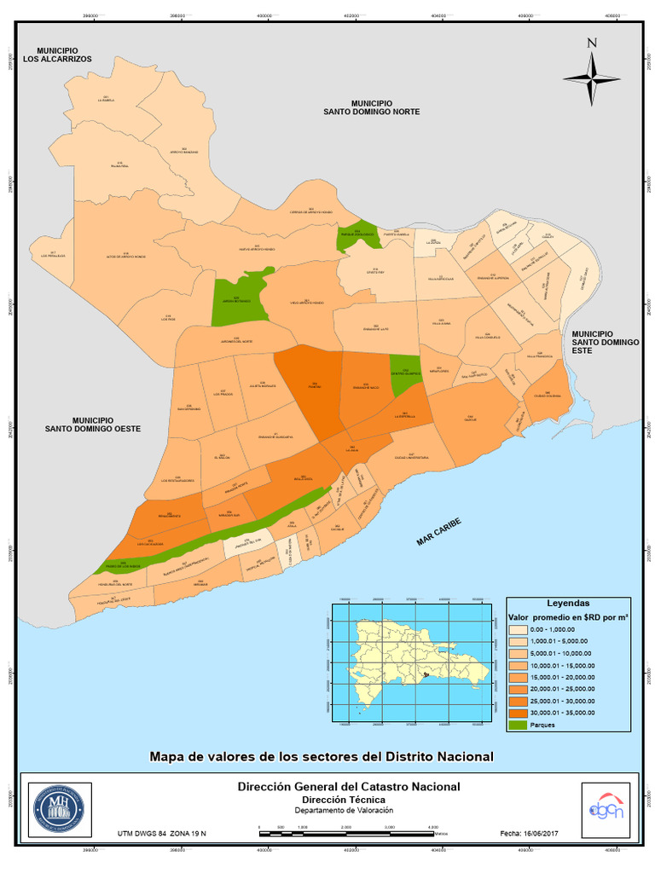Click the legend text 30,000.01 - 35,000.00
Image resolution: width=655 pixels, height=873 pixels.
(x=563, y=713)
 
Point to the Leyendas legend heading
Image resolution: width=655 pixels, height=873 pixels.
(x=567, y=602)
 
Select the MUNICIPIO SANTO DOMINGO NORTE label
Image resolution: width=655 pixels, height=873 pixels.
(x=371, y=107)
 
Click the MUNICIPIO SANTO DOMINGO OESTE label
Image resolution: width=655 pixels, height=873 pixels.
(x=93, y=424)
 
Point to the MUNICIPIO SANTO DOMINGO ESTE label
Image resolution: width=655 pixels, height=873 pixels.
(x=605, y=338)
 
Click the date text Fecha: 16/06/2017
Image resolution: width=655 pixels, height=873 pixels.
(x=528, y=832)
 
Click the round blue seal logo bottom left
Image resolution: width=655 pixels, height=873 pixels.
(x=58, y=807)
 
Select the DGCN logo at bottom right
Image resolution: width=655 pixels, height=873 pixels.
(x=605, y=806)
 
